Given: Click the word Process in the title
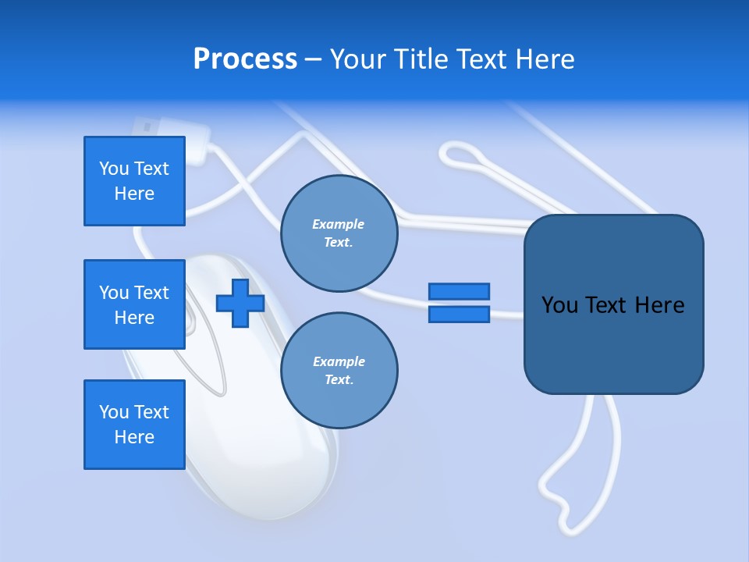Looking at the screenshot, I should tap(245, 59).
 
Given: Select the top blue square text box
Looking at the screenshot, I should tap(134, 181).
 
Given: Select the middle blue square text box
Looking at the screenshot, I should tap(134, 304).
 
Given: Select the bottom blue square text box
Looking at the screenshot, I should tap(134, 425).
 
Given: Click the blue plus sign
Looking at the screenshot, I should tap(240, 303).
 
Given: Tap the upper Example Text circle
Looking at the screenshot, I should tap(339, 233).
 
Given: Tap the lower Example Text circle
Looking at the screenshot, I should tap(339, 371).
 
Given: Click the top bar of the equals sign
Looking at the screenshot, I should tap(459, 292).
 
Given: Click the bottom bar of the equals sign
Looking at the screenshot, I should tap(459, 314).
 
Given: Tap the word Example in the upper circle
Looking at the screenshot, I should tap(339, 224).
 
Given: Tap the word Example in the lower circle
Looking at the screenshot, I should tap(339, 361).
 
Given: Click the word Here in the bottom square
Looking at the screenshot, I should tap(134, 437).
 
